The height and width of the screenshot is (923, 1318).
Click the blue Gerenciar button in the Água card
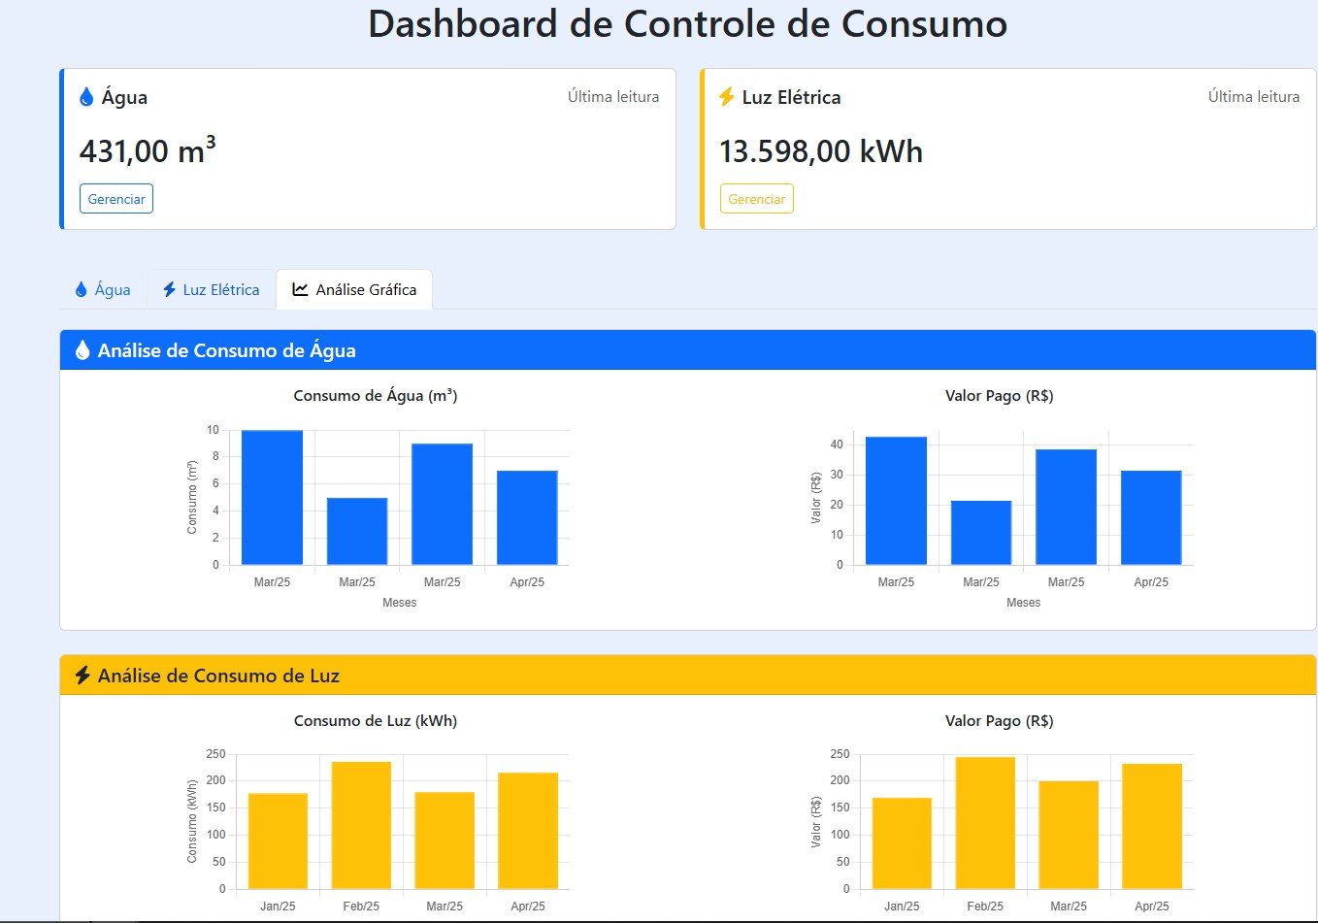116,199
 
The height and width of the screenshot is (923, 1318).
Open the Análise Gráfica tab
354,289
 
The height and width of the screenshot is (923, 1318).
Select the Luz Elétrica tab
211,289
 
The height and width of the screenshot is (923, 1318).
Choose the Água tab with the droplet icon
103,289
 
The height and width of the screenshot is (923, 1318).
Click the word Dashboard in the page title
463,24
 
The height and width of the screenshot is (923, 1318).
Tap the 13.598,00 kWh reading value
821,151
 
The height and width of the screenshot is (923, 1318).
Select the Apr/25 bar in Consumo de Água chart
527,517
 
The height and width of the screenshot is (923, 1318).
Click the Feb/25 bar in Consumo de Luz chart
361,825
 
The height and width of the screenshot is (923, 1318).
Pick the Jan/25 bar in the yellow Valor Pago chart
902,842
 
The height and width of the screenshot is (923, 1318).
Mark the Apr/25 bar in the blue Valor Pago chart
1151,517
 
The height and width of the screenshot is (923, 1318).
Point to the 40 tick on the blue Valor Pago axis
837,445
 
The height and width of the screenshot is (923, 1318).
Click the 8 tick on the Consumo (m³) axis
215,456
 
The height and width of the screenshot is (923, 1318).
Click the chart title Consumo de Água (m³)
376,396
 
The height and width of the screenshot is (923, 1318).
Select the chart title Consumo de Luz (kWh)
376,721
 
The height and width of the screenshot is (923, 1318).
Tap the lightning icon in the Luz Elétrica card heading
726,97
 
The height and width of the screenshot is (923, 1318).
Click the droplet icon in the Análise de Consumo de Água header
82,350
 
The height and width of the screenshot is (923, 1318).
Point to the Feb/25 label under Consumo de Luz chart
361,907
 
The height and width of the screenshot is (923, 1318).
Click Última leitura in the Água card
613,97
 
